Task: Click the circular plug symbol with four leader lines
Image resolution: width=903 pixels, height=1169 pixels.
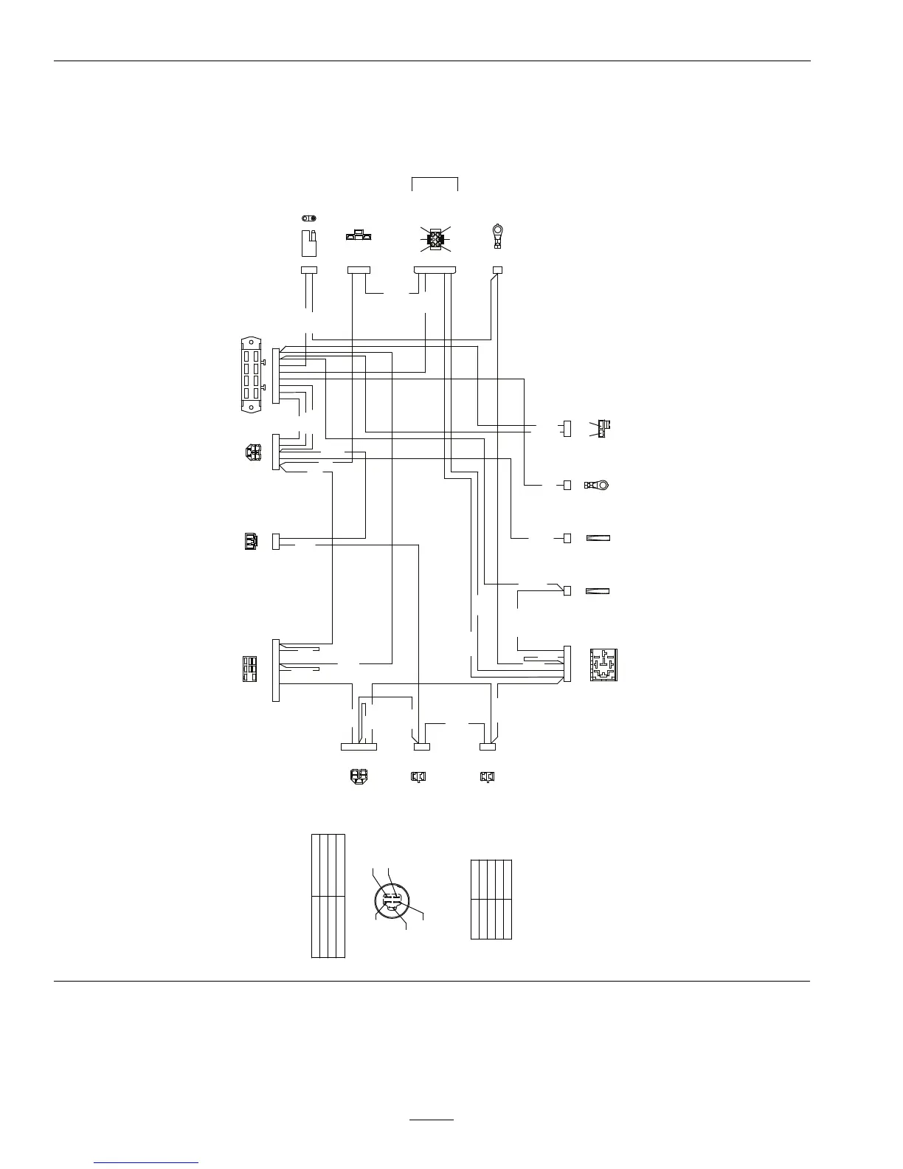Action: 392,900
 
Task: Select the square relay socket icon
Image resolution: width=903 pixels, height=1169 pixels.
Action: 603,664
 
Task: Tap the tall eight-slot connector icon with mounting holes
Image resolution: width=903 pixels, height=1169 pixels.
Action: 251,373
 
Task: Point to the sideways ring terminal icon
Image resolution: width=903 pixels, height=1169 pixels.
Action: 598,485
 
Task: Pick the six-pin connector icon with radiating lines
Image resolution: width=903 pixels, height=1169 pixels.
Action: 436,239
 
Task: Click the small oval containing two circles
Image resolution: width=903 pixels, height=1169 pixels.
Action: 310,218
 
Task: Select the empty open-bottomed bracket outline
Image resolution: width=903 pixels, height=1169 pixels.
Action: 435,184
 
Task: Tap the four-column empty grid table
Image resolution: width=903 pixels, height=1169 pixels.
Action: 328,895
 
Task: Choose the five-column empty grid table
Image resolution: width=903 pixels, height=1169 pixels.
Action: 491,899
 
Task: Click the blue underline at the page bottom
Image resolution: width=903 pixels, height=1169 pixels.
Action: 147,1162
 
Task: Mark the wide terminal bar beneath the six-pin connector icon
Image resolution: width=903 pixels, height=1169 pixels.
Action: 435,270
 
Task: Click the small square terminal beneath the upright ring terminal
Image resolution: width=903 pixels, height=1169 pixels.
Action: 497,270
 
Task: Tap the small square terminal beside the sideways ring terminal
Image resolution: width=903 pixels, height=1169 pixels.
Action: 567,485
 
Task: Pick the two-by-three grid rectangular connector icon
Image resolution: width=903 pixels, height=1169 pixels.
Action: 250,669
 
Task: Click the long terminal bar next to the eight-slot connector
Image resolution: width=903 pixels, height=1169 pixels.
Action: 276,376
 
